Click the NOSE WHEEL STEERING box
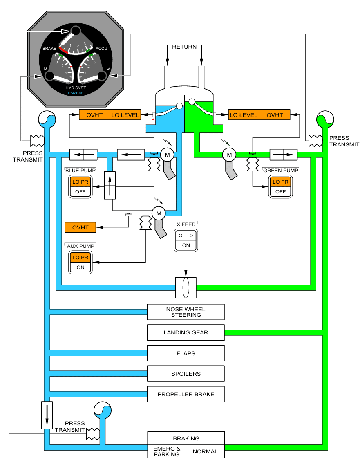click(x=186, y=312)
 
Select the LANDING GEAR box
click(x=186, y=332)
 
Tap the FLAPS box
click(x=186, y=353)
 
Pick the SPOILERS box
click(x=186, y=374)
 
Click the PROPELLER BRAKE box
click(x=186, y=395)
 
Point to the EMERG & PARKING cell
click(x=167, y=451)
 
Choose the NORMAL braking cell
click(x=205, y=451)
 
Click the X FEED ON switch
click(x=186, y=245)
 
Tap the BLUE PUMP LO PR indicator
click(x=80, y=182)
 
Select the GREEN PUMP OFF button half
click(x=280, y=191)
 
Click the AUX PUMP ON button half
click(x=80, y=267)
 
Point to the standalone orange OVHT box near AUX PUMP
click(x=80, y=227)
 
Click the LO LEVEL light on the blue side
click(x=125, y=115)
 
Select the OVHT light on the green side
click(x=275, y=115)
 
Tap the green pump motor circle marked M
click(x=229, y=154)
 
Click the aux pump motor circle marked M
click(x=158, y=213)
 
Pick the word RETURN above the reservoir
click(x=184, y=47)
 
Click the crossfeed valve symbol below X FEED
click(x=186, y=288)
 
